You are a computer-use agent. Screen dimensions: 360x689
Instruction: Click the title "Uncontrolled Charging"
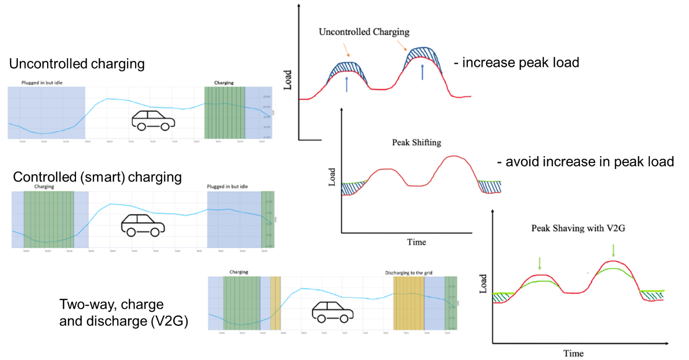(x=364, y=32)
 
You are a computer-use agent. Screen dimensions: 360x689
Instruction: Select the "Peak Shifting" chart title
(x=416, y=143)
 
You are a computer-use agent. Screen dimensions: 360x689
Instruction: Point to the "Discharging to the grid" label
(x=409, y=273)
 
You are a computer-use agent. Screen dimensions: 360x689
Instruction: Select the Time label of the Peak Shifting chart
(x=416, y=242)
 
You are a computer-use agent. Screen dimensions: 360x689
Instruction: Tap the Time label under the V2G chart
(x=573, y=353)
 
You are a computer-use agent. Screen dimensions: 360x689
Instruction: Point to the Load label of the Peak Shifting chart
(x=332, y=177)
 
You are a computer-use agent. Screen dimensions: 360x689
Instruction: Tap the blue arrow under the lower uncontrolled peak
(x=346, y=86)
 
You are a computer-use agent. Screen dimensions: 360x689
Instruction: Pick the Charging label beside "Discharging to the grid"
(x=239, y=272)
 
